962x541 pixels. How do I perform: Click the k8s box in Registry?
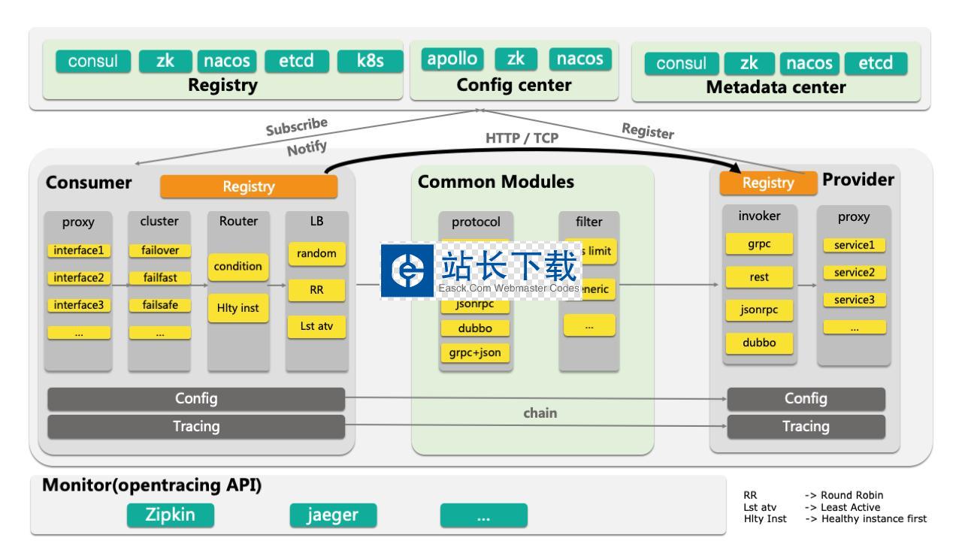click(371, 61)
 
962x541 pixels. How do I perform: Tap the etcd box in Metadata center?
click(876, 63)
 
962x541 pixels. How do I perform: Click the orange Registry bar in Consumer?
click(249, 186)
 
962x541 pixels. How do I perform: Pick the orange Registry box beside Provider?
click(767, 183)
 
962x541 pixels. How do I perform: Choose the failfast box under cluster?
click(159, 277)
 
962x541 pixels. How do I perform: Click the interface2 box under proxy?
click(78, 277)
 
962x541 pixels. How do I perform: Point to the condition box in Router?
click(237, 266)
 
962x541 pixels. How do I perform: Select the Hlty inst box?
click(237, 307)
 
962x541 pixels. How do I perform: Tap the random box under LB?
click(316, 254)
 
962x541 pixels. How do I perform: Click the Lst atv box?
click(316, 327)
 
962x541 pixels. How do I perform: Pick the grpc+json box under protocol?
click(475, 352)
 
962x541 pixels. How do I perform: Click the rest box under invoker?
click(759, 277)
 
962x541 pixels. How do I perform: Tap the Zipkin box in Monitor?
click(170, 515)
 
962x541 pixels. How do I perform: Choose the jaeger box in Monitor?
click(333, 515)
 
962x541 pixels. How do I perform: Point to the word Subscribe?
click(297, 126)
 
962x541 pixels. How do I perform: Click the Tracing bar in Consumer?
click(196, 427)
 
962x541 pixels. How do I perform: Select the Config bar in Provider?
click(806, 399)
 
